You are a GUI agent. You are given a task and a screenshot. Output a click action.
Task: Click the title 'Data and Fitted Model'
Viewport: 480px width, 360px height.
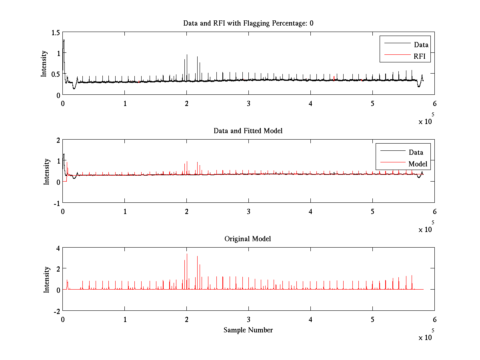248,131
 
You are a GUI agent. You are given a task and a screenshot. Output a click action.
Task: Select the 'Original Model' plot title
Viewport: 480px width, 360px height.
248,239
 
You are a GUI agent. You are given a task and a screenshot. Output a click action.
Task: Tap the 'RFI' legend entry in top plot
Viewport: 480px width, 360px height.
422,56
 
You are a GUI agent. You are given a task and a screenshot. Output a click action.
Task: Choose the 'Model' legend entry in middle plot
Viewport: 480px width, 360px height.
418,164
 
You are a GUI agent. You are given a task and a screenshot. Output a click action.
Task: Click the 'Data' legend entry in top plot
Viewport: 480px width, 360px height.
421,45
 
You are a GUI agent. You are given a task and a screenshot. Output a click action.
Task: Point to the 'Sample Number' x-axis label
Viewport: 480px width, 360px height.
248,330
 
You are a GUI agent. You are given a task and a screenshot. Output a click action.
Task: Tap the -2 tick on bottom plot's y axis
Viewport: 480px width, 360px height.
57,311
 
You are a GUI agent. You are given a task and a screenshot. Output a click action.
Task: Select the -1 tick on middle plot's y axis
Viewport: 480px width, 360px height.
57,203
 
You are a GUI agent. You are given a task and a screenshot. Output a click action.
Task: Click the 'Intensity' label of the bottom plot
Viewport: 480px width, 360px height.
47,280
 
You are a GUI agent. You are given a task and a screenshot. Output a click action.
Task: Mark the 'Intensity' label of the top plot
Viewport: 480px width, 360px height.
44,64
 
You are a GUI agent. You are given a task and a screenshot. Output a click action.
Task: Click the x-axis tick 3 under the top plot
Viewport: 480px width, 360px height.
249,103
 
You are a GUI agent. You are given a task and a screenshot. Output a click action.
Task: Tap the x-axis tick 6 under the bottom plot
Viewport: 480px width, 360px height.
434,320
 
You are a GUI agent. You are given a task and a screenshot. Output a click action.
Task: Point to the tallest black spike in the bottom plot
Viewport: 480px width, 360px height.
187,254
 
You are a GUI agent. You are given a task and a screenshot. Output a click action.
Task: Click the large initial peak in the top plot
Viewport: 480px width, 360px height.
64,40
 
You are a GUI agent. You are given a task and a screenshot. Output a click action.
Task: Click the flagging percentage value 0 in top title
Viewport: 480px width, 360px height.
311,23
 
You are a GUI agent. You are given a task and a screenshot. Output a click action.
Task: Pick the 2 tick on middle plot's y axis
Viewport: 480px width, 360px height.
58,140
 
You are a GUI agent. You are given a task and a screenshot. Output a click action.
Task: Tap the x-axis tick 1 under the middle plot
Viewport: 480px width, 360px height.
125,211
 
